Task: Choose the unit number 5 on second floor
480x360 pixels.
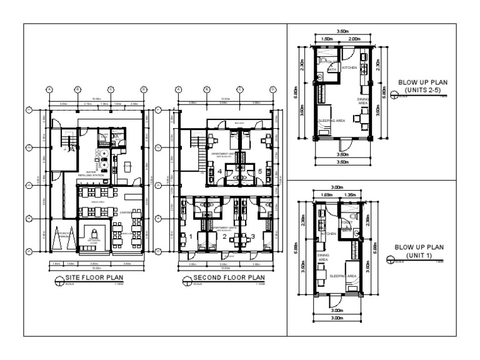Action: click(x=259, y=171)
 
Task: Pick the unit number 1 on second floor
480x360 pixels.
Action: click(x=191, y=236)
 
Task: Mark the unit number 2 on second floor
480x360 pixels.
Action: click(x=224, y=236)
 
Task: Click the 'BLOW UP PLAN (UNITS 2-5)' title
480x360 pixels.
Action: click(x=422, y=85)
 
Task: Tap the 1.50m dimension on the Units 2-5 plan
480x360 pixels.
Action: click(x=326, y=39)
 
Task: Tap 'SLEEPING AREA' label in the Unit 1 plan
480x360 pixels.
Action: click(x=343, y=275)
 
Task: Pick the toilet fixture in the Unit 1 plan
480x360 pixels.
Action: click(x=352, y=218)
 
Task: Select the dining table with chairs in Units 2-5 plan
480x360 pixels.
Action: click(x=361, y=117)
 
